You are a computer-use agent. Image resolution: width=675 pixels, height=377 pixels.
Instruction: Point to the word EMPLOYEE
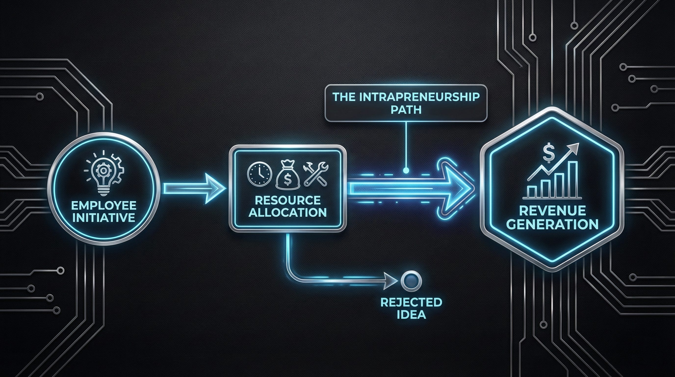104,205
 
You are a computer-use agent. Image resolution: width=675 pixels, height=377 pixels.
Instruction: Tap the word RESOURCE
287,201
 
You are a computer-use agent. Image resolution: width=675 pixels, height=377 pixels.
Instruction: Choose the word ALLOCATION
287,212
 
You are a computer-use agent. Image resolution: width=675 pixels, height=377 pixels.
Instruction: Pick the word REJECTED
411,302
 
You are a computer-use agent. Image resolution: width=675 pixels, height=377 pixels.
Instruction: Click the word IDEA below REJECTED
411,314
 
